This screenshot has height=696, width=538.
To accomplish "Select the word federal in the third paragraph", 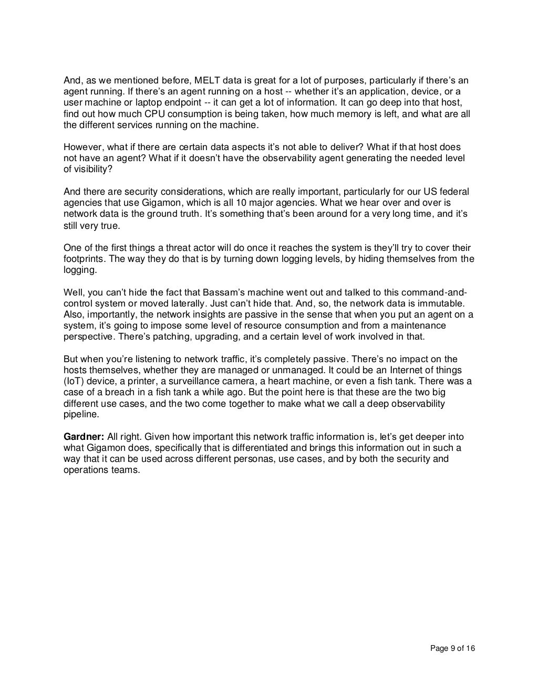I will [455, 192].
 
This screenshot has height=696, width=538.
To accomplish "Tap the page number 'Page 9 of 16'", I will [452, 648].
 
